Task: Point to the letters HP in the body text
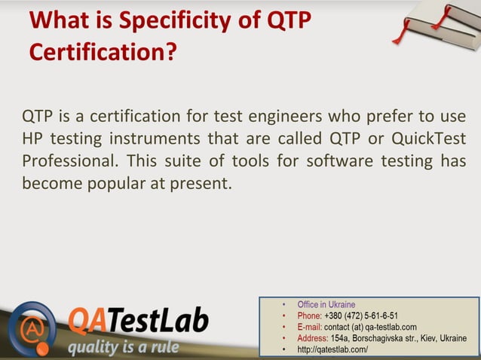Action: (32, 139)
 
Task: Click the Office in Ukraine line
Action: (326, 305)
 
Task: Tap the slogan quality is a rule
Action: (123, 347)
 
